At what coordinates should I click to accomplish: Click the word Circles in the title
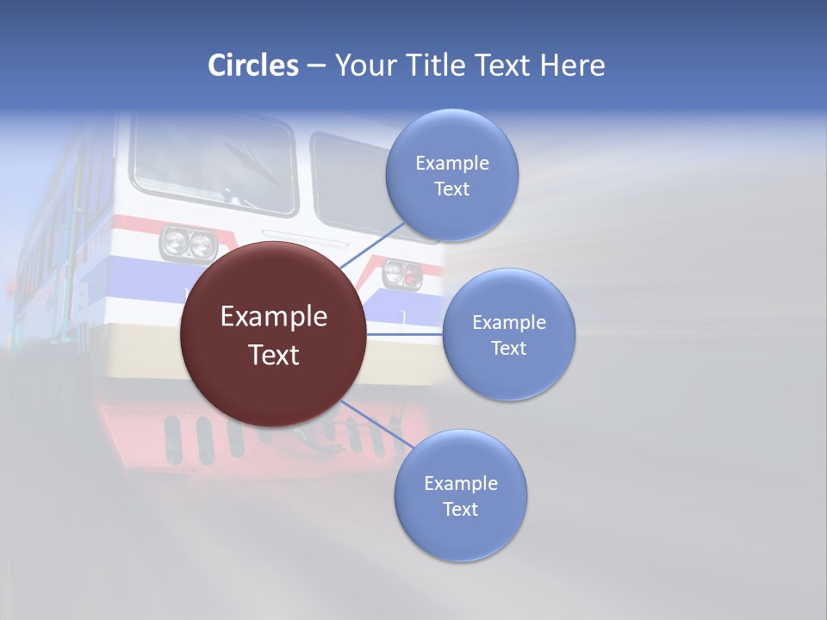(x=252, y=65)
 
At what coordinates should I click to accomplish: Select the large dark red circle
(x=273, y=334)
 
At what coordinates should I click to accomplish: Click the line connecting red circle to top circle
(x=372, y=245)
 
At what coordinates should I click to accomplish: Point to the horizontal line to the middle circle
(x=405, y=334)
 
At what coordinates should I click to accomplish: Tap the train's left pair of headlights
(x=189, y=243)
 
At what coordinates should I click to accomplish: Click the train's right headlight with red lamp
(x=402, y=274)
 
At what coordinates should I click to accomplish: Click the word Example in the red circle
(x=273, y=316)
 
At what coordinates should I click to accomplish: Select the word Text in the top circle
(x=451, y=189)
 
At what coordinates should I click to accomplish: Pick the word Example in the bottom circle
(x=460, y=483)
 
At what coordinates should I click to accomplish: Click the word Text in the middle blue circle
(x=508, y=348)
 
